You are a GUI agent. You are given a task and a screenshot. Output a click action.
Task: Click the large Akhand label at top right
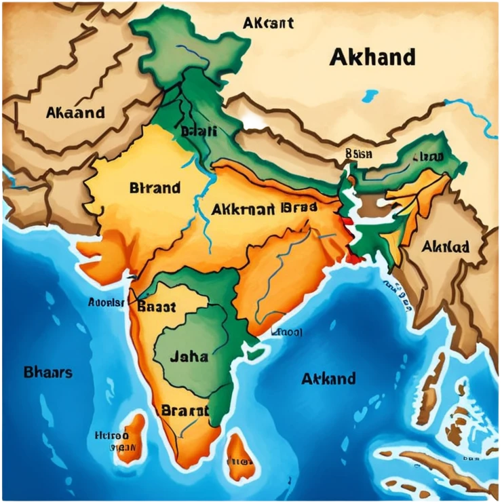coord(372,57)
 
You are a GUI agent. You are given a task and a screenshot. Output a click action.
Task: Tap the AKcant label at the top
coord(269,23)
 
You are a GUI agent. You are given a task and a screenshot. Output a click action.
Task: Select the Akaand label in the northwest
coord(75,113)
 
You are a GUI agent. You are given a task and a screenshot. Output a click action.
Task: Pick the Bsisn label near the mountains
coord(358,154)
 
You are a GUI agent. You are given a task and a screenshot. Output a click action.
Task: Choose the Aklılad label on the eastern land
coord(445,247)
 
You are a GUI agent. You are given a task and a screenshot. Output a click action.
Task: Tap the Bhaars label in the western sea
coord(47,372)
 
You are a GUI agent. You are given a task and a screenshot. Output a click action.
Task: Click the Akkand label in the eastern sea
coord(328,378)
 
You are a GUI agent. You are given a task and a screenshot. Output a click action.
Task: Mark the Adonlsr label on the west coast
coord(107,302)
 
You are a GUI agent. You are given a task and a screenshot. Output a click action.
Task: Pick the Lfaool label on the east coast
coord(287,332)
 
